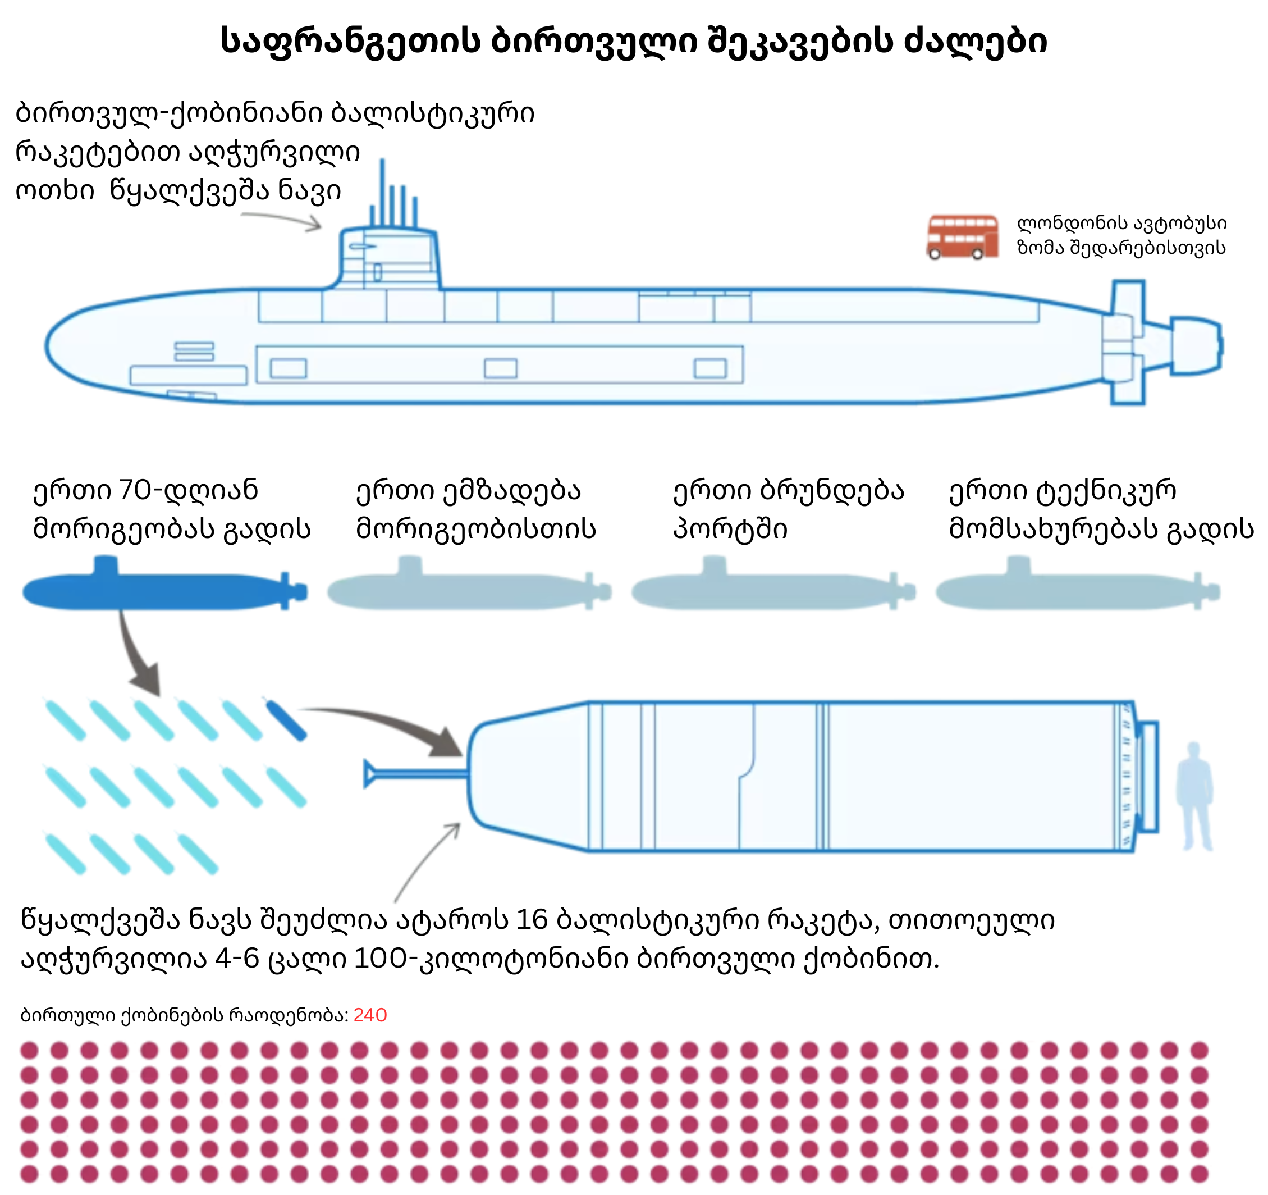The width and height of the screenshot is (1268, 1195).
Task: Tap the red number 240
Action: click(370, 1015)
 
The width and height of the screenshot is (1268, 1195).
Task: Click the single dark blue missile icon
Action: click(286, 721)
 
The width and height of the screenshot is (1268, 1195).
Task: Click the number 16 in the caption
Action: click(532, 920)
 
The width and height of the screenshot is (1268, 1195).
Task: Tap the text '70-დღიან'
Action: click(189, 491)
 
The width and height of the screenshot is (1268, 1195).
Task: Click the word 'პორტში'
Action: click(730, 529)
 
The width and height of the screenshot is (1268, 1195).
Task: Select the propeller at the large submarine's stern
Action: click(1197, 345)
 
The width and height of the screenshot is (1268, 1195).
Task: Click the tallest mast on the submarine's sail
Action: click(383, 191)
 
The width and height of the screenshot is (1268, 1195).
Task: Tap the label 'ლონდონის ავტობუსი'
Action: click(1121, 224)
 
